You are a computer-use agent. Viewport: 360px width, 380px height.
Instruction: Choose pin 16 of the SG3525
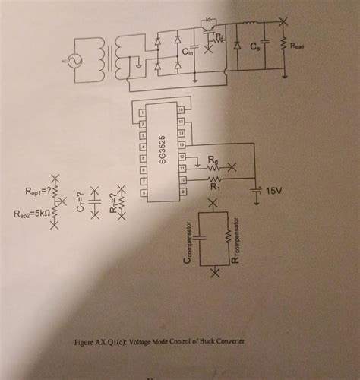coord(180,111)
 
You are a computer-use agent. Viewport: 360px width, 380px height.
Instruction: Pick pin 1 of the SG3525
coord(141,111)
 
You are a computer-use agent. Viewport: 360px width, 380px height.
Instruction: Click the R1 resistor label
coord(214,184)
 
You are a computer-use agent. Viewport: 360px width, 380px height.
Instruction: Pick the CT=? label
coord(81,200)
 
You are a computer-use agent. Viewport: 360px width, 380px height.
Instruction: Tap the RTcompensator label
coord(235,236)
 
